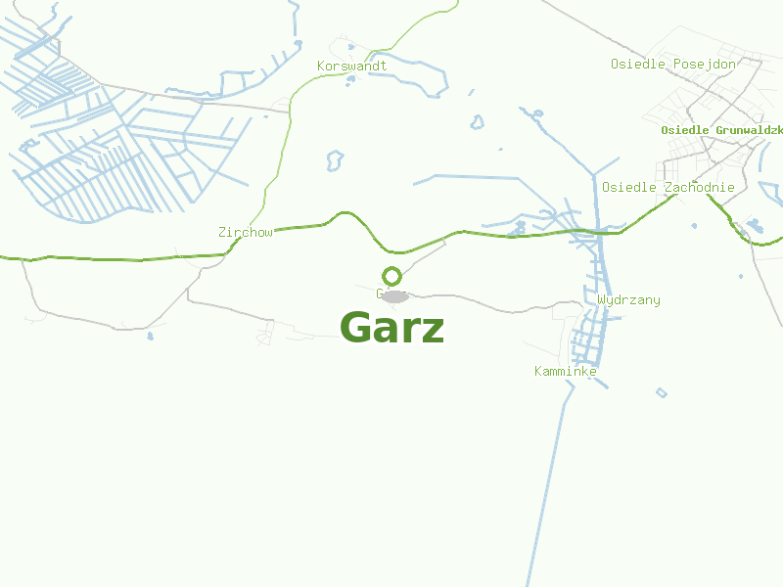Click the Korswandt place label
[x=351, y=67]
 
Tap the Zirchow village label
[x=245, y=233]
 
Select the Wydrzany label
[x=628, y=300]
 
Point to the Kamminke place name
[x=565, y=372]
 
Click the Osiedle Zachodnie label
[x=668, y=188]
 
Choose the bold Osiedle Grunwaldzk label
[x=721, y=130]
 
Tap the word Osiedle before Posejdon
[x=637, y=65]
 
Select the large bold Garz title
[x=391, y=328]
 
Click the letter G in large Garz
[x=356, y=328]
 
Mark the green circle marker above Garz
[x=391, y=276]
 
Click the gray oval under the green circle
[x=394, y=295]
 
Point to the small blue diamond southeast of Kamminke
[x=662, y=393]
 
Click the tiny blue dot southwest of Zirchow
[x=150, y=337]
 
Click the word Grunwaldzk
[x=749, y=130]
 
